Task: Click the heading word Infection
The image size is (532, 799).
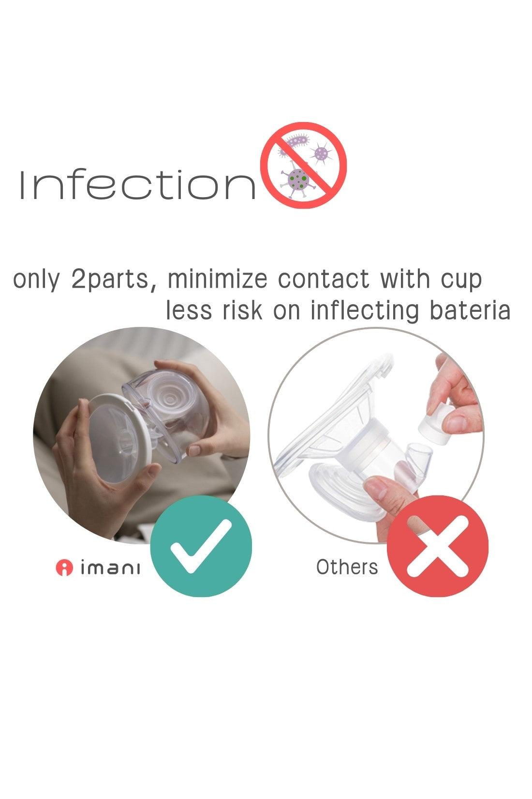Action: [137, 184]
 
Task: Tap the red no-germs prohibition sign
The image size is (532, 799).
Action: [303, 165]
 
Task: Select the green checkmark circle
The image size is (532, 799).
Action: [201, 546]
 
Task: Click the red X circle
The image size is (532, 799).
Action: [438, 546]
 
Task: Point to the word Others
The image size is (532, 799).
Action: [347, 567]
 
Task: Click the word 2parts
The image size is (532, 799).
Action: [114, 280]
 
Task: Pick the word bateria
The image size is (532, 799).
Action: [470, 310]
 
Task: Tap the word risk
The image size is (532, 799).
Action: [242, 310]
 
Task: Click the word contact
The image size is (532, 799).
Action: [324, 279]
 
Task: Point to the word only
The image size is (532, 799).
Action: [36, 280]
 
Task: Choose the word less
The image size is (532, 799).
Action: [189, 310]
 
